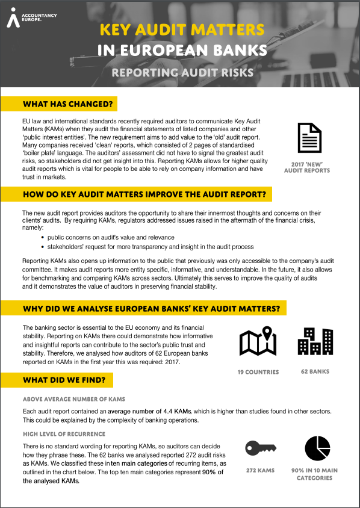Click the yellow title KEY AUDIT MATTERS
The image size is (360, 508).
tap(181, 30)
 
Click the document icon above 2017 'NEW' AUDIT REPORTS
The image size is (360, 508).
tap(307, 137)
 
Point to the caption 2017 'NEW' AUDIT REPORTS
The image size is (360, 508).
tap(307, 167)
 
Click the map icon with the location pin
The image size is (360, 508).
tap(258, 341)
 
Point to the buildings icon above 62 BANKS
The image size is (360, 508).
tap(315, 341)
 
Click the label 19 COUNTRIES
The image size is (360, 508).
tap(258, 372)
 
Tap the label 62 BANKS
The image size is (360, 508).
tap(315, 372)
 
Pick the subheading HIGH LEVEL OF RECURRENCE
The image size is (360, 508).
tap(64, 434)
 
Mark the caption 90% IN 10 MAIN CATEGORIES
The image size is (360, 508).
tap(314, 474)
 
